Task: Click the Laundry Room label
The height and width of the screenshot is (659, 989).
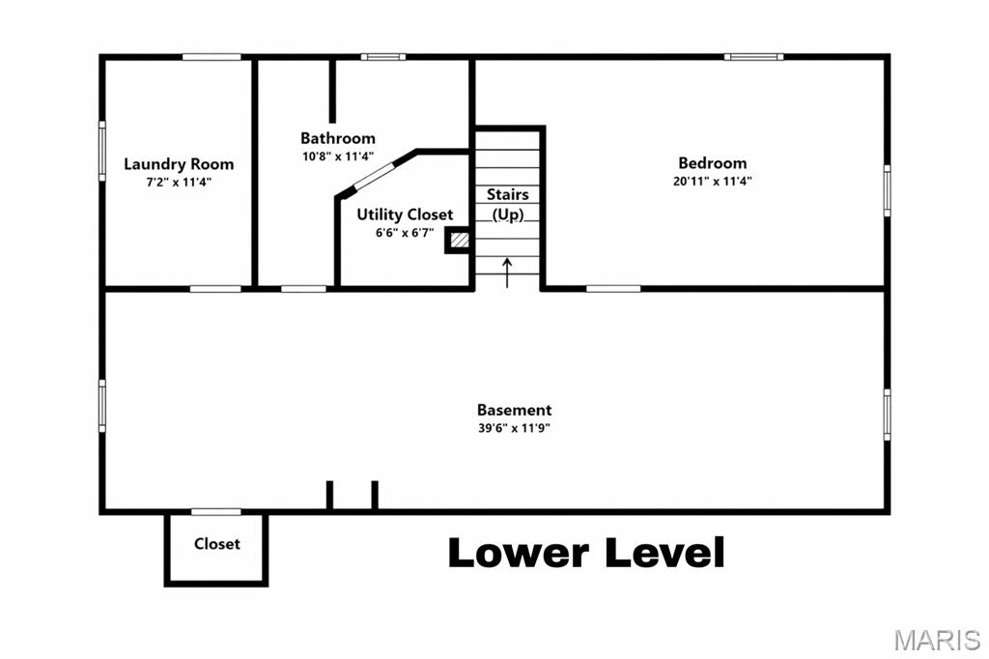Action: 179,164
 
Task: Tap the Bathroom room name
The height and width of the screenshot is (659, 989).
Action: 337,138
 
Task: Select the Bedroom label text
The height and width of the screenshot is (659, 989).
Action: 712,163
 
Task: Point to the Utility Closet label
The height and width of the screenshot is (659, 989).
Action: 405,215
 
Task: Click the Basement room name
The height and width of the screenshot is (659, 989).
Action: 514,410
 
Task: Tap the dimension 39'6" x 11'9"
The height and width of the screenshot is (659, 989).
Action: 514,427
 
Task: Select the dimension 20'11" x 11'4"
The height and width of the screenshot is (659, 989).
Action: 712,181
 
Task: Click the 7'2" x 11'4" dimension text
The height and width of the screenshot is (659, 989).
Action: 179,182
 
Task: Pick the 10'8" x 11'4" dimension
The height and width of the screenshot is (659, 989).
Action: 337,156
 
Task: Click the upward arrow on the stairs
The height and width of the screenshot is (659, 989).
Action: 508,272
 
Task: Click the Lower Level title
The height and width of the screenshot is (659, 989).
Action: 586,554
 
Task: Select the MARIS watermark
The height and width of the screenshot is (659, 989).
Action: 937,640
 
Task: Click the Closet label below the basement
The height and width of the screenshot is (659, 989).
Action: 216,544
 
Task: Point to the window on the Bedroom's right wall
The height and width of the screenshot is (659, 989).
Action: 887,190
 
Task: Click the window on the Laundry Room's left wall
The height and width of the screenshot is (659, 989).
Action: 101,150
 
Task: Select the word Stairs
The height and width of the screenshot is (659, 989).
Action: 507,195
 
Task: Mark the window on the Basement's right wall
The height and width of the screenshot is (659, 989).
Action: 887,415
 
